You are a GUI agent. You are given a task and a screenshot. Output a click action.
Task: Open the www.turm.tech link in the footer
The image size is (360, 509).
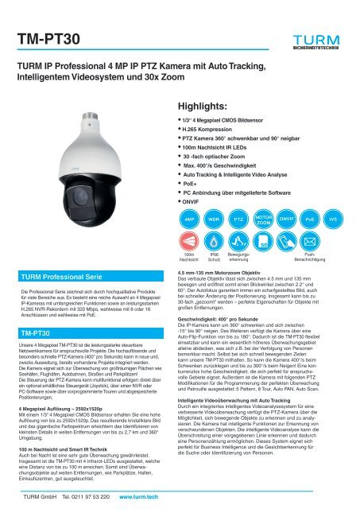(141, 497)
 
